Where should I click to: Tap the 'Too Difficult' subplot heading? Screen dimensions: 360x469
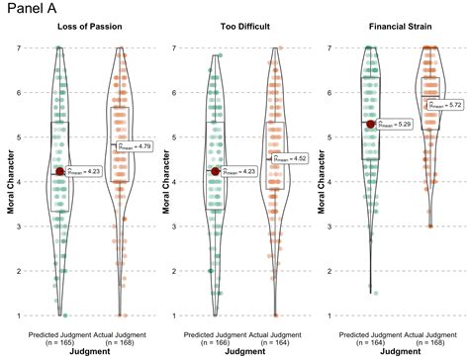coord(244,28)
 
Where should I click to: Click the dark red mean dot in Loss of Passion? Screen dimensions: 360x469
coord(60,171)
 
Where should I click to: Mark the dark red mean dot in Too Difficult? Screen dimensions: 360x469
coord(216,171)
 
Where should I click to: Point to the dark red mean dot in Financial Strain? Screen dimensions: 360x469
coord(371,124)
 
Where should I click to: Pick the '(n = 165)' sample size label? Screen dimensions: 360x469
coord(60,342)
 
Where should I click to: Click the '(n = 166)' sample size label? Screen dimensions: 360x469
coord(216,342)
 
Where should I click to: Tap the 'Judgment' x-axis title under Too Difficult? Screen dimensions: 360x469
coord(244,352)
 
